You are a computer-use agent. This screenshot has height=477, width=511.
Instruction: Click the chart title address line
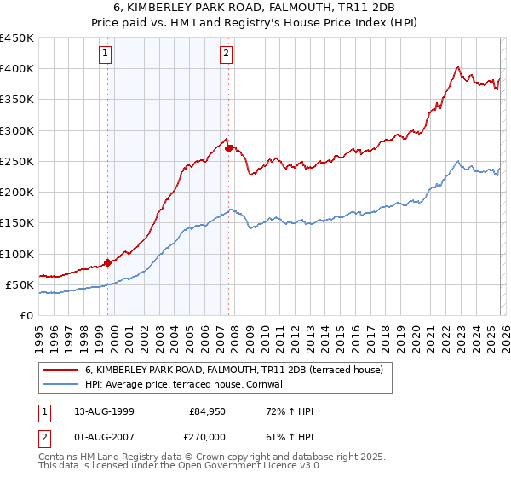coord(255,7)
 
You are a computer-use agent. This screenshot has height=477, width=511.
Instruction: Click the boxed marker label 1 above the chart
coord(106,54)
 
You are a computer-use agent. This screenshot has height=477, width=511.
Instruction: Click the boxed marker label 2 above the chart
coord(227,54)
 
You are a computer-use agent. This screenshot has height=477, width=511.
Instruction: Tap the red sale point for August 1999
coord(108,262)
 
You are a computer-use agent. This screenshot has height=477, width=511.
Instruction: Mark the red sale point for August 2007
coord(228,148)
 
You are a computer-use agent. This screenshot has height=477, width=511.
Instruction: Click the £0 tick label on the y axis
coord(27,316)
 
